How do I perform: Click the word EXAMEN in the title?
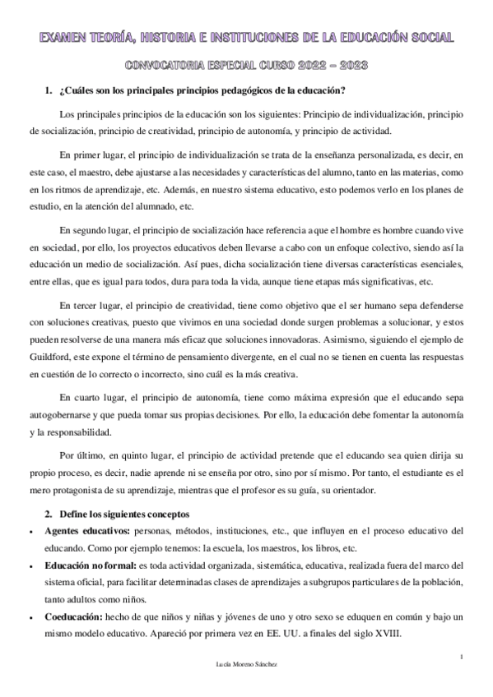click(67, 38)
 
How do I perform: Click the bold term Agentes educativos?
click(84, 530)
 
